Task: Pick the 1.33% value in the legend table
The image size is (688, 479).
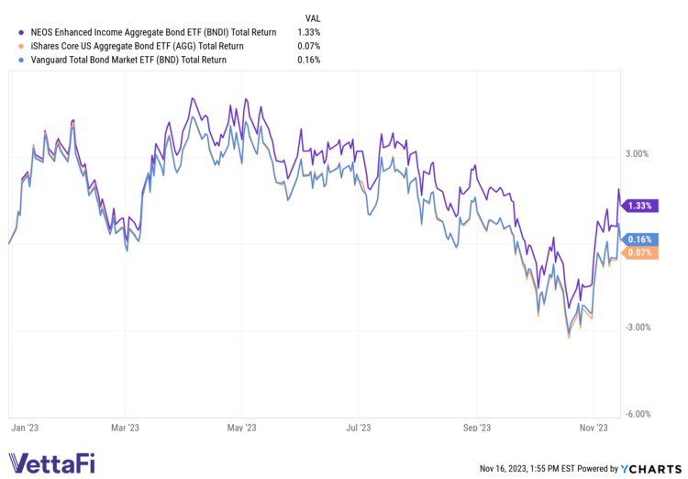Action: point(308,31)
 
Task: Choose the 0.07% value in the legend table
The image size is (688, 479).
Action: point(308,46)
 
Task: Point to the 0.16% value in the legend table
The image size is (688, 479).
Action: point(308,61)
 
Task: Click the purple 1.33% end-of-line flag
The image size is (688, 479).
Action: point(640,206)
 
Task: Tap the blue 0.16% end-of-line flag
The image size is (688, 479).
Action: point(640,239)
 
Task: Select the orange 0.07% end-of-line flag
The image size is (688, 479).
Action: point(640,252)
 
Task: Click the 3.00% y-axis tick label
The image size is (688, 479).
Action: point(637,154)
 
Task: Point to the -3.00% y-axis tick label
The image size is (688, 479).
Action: point(635,328)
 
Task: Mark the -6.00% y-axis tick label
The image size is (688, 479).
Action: point(635,414)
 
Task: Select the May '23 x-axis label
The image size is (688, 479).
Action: point(240,428)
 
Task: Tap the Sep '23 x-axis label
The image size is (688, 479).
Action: point(477,428)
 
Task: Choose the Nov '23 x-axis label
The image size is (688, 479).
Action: point(594,428)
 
